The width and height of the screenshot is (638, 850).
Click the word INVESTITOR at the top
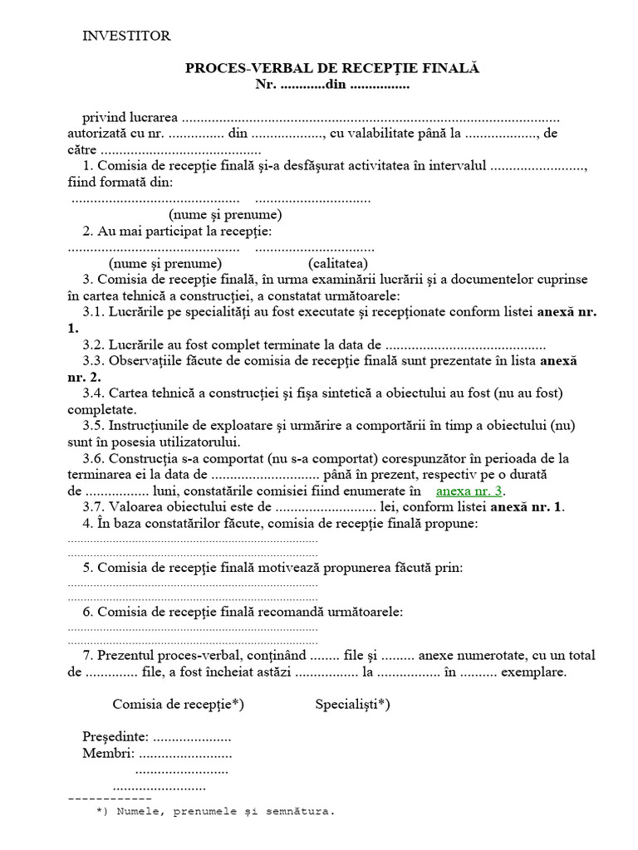[126, 36]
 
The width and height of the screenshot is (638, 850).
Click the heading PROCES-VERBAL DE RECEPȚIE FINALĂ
[332, 69]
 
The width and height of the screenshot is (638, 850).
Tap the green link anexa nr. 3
[470, 490]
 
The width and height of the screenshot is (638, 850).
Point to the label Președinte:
[115, 737]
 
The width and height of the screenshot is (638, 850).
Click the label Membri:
[108, 754]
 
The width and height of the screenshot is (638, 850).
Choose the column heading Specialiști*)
[352, 705]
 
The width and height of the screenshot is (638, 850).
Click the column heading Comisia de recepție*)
[178, 705]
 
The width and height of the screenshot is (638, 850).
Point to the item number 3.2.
[93, 344]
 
